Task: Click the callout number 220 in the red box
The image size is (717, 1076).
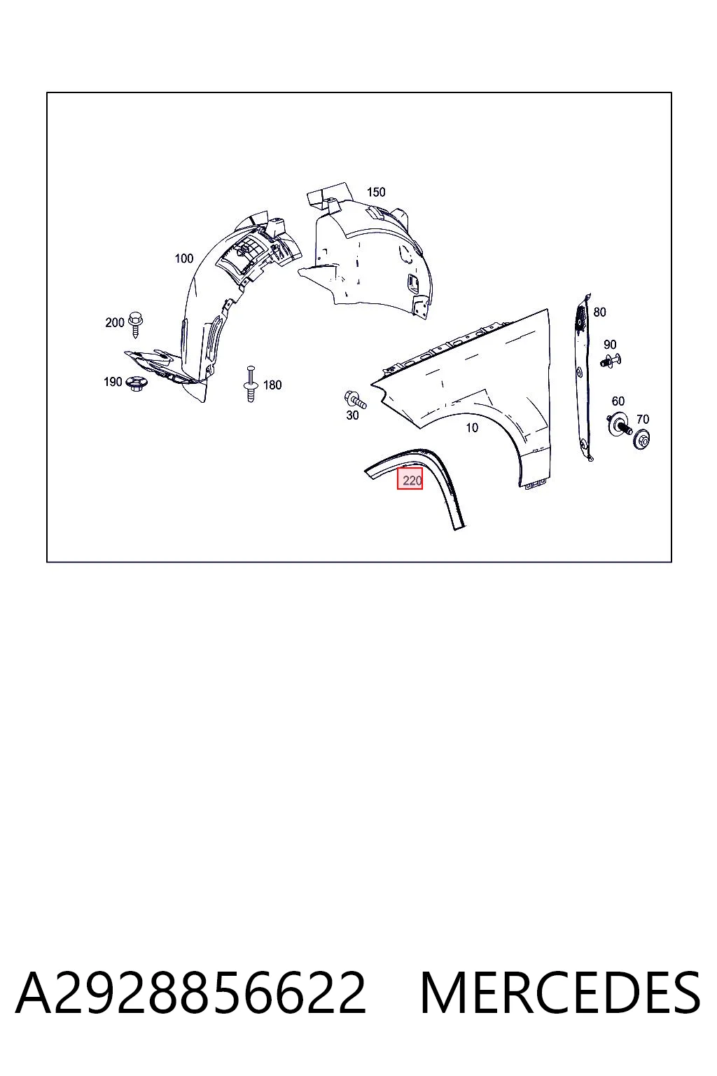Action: click(412, 481)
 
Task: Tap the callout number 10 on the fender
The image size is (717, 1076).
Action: click(472, 427)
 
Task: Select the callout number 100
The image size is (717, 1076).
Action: click(183, 258)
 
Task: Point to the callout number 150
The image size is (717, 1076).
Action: click(376, 192)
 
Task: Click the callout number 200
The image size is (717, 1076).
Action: click(115, 322)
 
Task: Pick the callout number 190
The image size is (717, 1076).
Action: click(113, 382)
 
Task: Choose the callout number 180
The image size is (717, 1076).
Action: click(272, 385)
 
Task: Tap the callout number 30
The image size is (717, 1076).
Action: click(352, 415)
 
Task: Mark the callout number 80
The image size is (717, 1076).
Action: click(599, 312)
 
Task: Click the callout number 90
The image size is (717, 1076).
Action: click(610, 345)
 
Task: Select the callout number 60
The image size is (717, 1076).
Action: click(618, 401)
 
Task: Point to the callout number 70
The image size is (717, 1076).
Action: click(643, 420)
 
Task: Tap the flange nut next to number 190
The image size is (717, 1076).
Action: click(136, 384)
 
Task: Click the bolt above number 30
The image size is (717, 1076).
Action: click(355, 400)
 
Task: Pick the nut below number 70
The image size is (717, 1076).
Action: click(641, 439)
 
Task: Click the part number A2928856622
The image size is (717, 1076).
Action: click(190, 993)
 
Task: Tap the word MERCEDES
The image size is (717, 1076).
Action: click(560, 993)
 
